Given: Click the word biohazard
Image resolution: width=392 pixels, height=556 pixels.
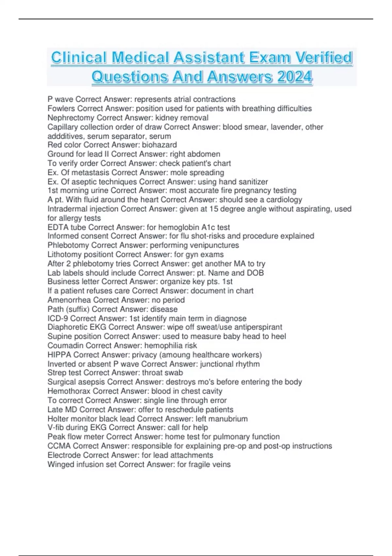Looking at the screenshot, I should pyautogui.click(x=159, y=145).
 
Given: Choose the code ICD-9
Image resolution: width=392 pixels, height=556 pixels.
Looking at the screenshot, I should pyautogui.click(x=57, y=318).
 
